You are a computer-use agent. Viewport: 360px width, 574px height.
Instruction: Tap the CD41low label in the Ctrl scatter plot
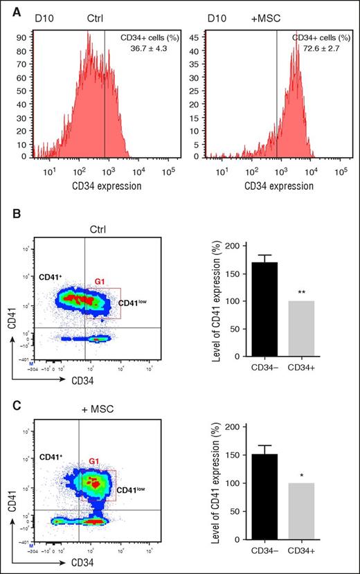pos(132,303)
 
